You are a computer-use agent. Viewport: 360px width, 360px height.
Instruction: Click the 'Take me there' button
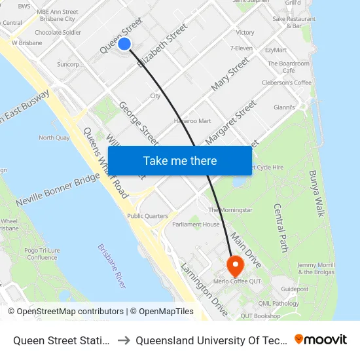coord(180,161)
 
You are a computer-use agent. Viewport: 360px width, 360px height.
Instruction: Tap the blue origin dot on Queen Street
coord(124,44)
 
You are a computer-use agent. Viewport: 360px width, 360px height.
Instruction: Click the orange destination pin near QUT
coord(234,265)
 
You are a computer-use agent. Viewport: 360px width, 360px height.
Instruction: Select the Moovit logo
coord(321,339)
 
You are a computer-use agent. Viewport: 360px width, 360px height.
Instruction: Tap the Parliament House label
coord(196,225)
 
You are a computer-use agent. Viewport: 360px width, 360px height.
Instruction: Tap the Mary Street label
coord(230,73)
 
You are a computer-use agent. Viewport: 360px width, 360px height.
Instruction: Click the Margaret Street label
coord(230,122)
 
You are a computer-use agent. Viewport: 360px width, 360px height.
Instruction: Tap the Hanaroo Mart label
coord(192,121)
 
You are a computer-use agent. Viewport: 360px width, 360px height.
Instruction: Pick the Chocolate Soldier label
coord(58,32)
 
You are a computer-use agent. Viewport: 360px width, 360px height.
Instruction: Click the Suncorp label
coord(68,65)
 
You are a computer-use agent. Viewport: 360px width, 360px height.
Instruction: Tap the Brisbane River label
coord(112,266)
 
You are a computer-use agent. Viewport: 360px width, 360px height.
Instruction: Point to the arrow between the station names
coord(124,340)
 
